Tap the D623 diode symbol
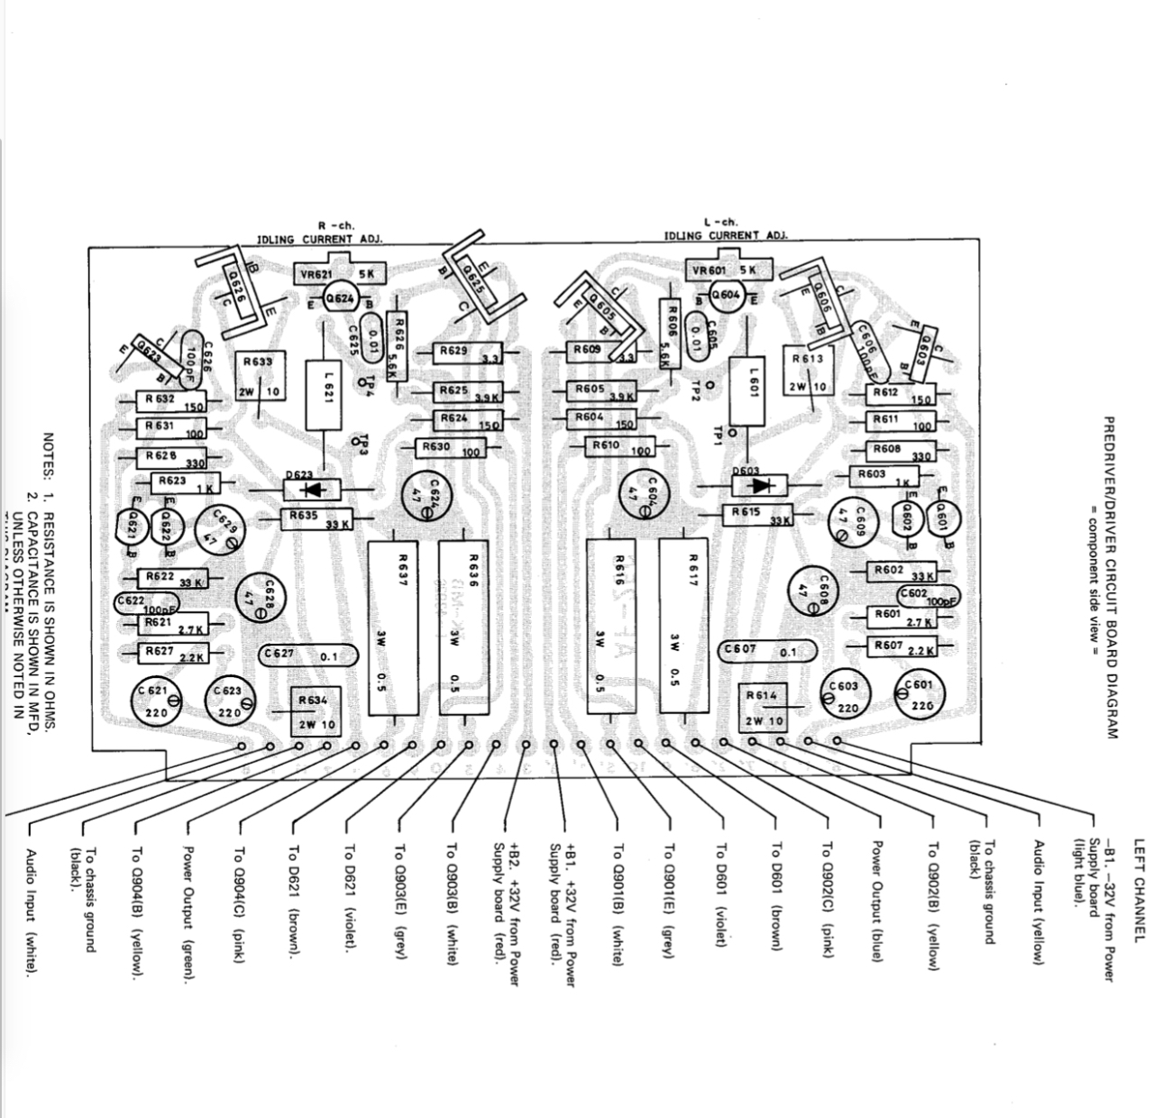click(x=312, y=490)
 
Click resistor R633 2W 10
click(x=260, y=375)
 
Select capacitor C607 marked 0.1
click(x=768, y=651)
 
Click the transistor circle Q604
click(x=726, y=294)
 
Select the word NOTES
click(x=50, y=456)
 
